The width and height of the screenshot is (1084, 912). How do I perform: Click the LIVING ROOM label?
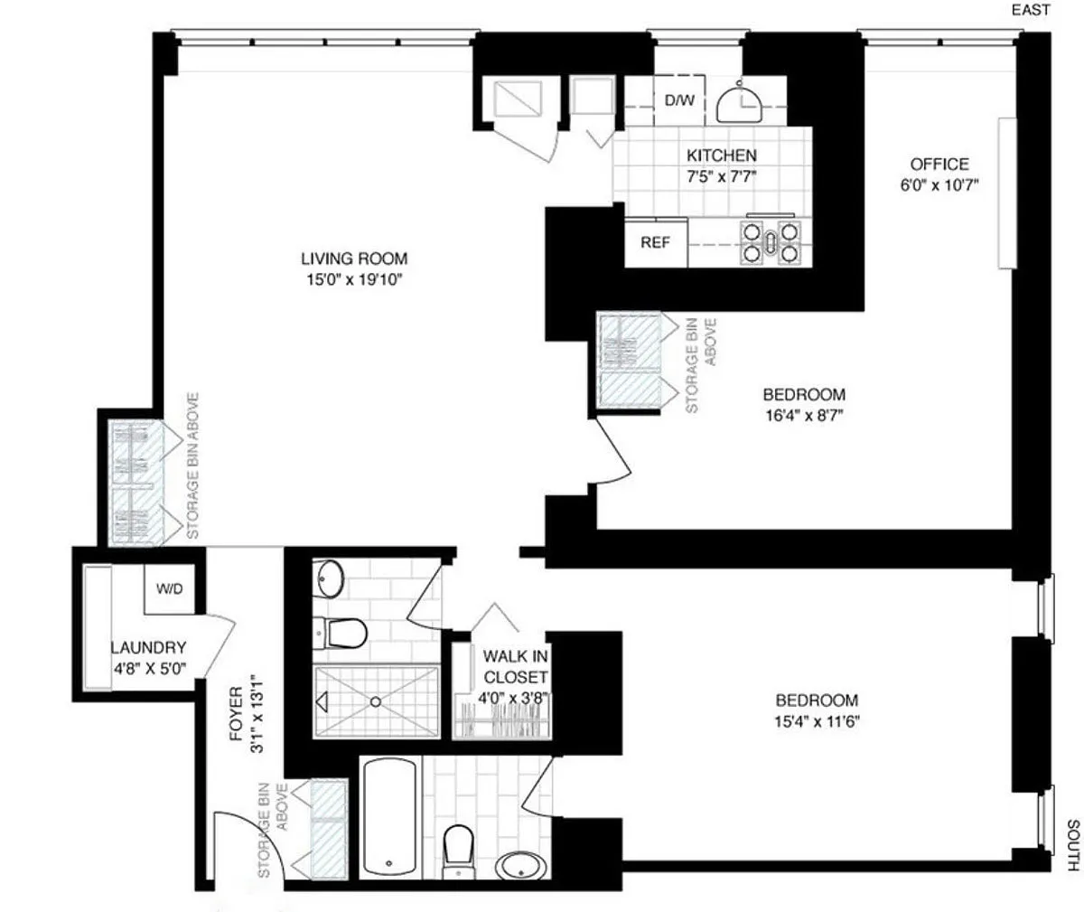click(x=354, y=259)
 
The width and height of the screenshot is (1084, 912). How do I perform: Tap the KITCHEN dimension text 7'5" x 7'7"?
click(x=721, y=176)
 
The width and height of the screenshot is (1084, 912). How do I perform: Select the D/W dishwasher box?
click(x=679, y=100)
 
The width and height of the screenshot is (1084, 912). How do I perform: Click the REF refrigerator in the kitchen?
click(x=656, y=242)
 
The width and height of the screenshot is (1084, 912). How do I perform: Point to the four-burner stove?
click(x=771, y=241)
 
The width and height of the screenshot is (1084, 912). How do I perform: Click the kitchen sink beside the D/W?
click(x=740, y=104)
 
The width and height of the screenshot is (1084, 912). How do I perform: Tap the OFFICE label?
click(x=939, y=165)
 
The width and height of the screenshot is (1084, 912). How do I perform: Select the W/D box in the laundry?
click(x=169, y=589)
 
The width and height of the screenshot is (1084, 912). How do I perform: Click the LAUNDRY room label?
click(x=148, y=648)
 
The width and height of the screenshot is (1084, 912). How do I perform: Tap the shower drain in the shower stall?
click(x=376, y=702)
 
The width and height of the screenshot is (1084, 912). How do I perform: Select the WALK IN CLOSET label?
click(x=515, y=667)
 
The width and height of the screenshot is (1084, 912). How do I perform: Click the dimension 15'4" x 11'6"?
click(x=818, y=722)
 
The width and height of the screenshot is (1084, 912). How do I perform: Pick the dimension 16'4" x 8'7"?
click(x=804, y=416)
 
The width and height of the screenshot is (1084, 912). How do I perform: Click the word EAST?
click(x=1031, y=10)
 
